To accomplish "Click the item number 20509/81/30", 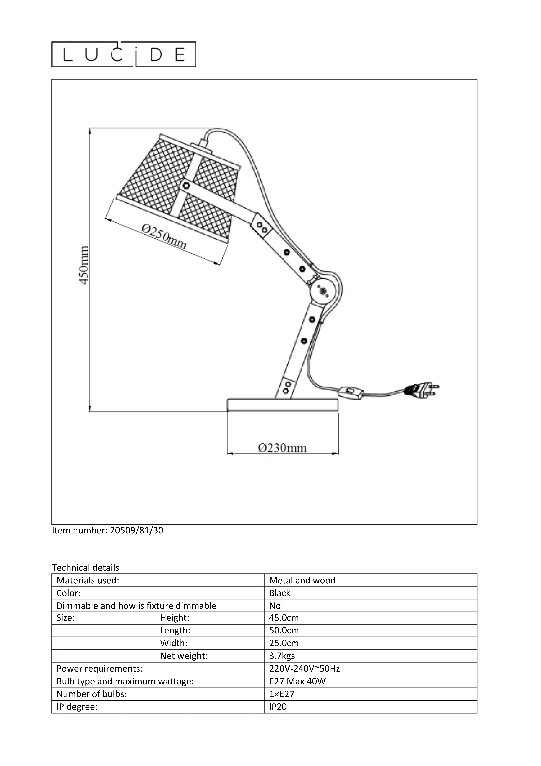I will tap(107, 530).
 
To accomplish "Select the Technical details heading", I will tap(85, 567).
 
